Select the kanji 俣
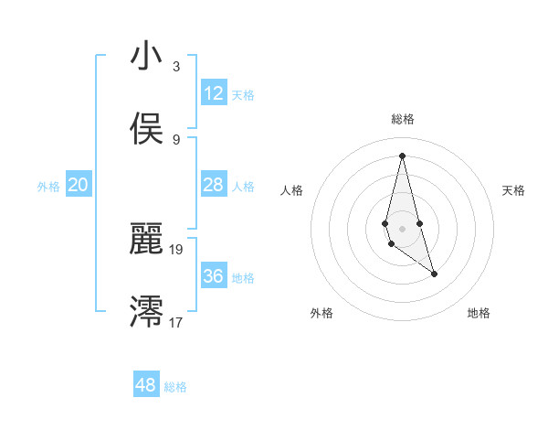pyautogui.click(x=146, y=129)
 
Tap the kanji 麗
pyautogui.click(x=146, y=239)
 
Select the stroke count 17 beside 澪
pyautogui.click(x=176, y=322)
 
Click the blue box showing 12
pyautogui.click(x=214, y=93)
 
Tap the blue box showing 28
pyautogui.click(x=214, y=186)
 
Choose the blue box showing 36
pyautogui.click(x=214, y=276)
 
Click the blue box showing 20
pyautogui.click(x=79, y=186)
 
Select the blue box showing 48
pyautogui.click(x=146, y=385)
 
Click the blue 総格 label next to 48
pyautogui.click(x=175, y=387)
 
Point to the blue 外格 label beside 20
pyautogui.click(x=48, y=187)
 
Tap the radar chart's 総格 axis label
pyautogui.click(x=403, y=119)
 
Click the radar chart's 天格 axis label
pyautogui.click(x=514, y=190)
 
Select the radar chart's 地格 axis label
pyautogui.click(x=479, y=314)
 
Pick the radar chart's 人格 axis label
pyautogui.click(x=292, y=190)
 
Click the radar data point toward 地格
pyautogui.click(x=435, y=274)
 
